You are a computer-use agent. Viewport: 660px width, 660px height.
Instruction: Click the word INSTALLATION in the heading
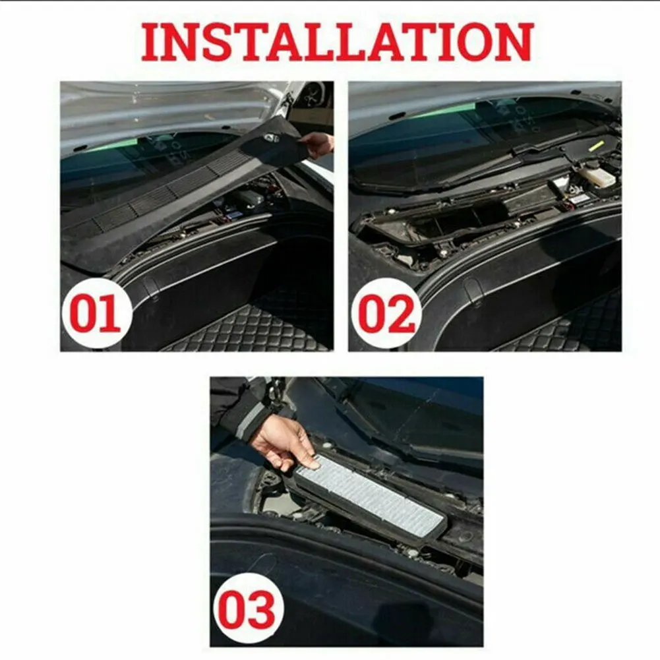click(x=337, y=42)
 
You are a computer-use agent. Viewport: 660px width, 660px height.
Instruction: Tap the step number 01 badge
click(x=96, y=315)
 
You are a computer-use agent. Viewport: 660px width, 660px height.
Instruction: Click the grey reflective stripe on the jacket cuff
click(x=251, y=420)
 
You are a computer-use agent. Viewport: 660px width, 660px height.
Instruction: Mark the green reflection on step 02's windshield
click(x=435, y=111)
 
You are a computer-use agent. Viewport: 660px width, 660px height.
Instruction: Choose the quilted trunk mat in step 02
click(x=560, y=330)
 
